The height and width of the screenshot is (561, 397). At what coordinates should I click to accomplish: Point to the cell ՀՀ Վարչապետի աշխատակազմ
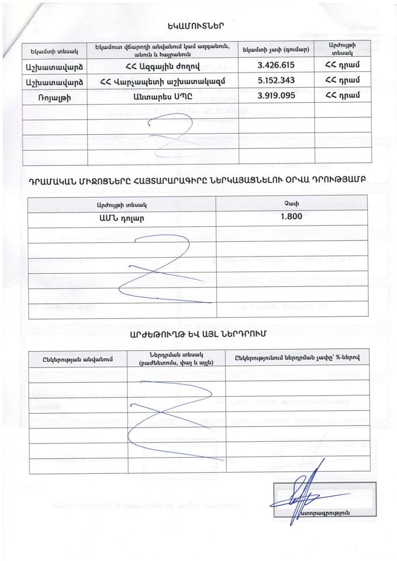163,81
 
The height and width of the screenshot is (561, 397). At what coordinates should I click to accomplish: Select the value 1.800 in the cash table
292,216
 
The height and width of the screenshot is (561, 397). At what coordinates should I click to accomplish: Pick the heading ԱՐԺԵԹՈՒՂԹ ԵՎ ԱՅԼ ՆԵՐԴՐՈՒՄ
198,334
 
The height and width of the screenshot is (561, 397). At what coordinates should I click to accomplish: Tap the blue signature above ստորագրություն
304,494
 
